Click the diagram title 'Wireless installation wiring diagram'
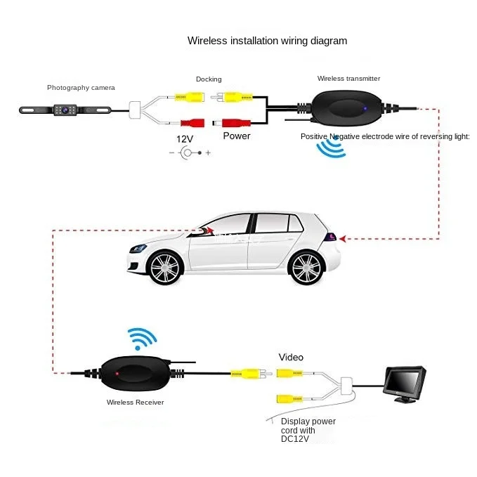(267, 41)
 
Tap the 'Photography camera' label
(81, 88)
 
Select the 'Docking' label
(209, 79)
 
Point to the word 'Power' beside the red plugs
(236, 136)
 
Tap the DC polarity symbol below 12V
(188, 152)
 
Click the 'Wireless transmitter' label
(348, 79)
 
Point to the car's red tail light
(330, 239)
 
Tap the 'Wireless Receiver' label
(136, 403)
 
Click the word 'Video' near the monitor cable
(291, 358)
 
